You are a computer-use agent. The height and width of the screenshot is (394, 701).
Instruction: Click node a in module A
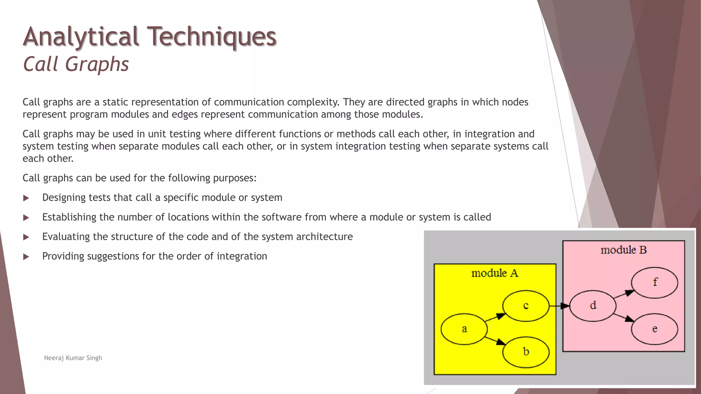pos(464,329)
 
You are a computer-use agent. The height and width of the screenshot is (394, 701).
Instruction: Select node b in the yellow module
pos(526,352)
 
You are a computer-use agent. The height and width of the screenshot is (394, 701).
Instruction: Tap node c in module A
pos(526,305)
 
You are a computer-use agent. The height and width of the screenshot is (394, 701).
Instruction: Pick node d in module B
pos(593,305)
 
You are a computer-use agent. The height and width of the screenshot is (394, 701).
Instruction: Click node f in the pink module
pos(654,283)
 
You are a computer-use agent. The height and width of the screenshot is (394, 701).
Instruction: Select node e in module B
pos(654,329)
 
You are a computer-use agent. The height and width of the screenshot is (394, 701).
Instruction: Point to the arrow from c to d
pos(559,306)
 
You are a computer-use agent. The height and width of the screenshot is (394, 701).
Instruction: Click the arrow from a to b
pos(495,341)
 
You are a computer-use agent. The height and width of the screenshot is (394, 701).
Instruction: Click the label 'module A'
pos(495,273)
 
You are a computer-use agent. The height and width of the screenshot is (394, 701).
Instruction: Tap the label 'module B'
pos(623,250)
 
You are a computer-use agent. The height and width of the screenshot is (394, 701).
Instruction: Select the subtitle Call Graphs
pos(76,64)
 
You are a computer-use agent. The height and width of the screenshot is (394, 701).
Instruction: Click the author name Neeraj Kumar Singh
pos(73,358)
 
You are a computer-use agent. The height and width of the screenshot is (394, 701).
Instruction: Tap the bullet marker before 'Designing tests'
pos(26,198)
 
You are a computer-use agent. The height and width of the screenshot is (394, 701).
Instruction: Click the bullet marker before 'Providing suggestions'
pos(26,257)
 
